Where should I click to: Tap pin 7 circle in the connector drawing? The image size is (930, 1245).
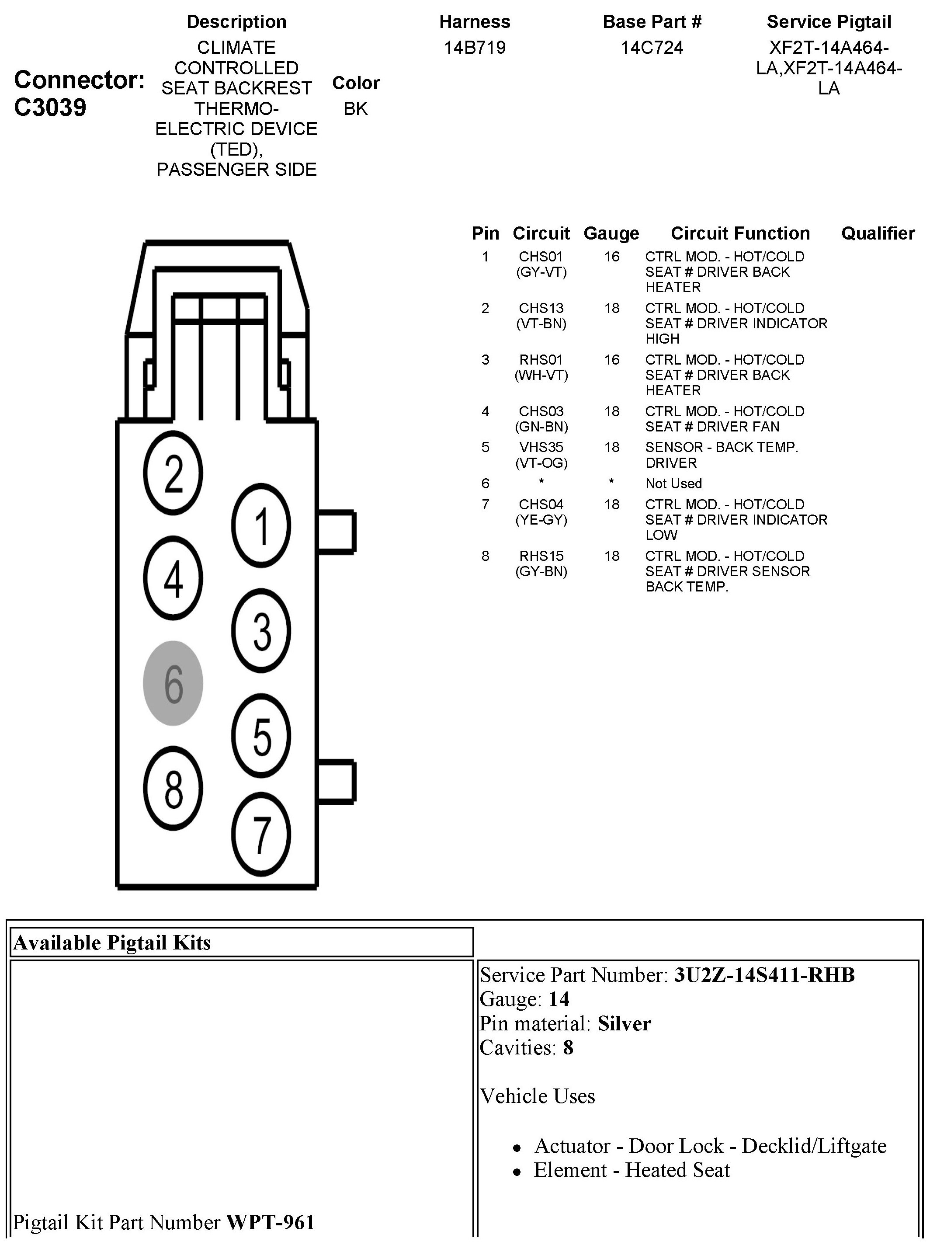(260, 834)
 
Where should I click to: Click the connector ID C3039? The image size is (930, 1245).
(50, 107)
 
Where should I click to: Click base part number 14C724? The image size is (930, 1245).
(652, 48)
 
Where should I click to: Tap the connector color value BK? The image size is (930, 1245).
(356, 108)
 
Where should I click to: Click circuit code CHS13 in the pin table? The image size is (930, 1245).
(541, 309)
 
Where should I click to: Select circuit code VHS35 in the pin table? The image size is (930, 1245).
(541, 448)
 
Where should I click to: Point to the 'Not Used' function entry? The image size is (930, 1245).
(673, 483)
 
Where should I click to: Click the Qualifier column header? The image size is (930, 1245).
(878, 233)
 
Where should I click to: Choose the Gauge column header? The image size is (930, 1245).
(611, 233)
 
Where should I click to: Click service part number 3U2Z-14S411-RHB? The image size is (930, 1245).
(764, 975)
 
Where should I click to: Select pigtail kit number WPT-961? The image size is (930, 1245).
(270, 1222)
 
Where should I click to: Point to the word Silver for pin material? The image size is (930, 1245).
(624, 1023)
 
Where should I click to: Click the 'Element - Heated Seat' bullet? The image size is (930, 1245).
(631, 1170)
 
